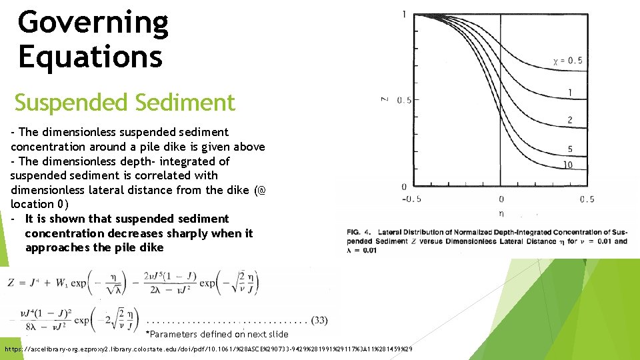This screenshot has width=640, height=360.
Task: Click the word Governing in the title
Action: click(x=93, y=23)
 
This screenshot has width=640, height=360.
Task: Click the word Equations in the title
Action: click(x=90, y=56)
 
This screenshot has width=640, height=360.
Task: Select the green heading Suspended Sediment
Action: click(x=125, y=103)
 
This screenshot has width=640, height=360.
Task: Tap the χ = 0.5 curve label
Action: click(x=568, y=61)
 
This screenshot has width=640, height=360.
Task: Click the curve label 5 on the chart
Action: click(x=570, y=149)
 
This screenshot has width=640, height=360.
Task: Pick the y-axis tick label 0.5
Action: click(x=404, y=101)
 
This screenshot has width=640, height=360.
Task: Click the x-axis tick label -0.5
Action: click(x=412, y=199)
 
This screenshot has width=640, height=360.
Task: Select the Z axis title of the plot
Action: click(x=384, y=100)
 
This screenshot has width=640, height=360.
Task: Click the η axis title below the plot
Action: click(x=501, y=214)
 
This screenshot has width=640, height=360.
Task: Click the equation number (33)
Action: click(x=319, y=321)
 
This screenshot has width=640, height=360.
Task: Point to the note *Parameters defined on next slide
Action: click(x=217, y=334)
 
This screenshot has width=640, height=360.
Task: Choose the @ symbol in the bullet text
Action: click(x=261, y=190)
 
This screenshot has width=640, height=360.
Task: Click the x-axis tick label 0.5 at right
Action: click(x=587, y=199)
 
